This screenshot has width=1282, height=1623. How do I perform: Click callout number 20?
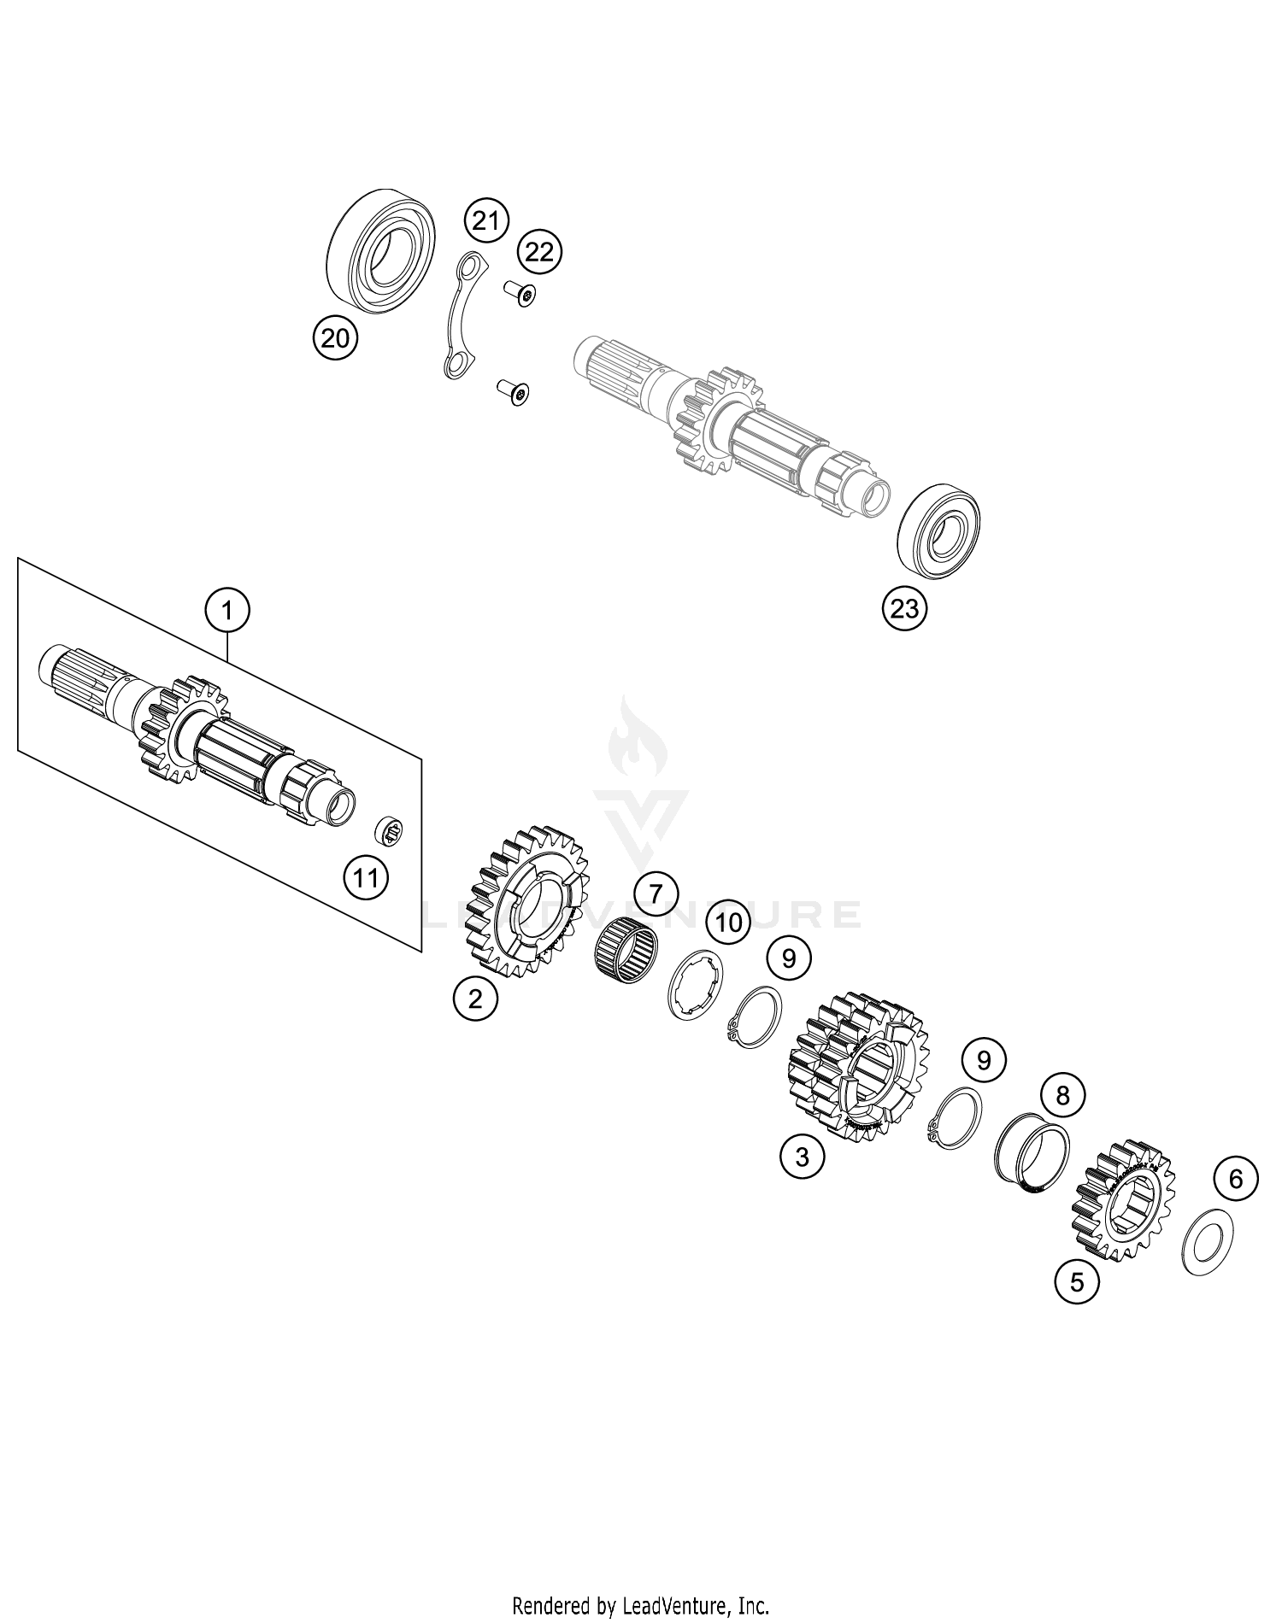coord(335,339)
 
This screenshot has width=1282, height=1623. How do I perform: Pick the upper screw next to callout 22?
coord(521,293)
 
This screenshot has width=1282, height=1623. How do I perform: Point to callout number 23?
coord(904,608)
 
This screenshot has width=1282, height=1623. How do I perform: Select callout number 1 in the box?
coord(227,611)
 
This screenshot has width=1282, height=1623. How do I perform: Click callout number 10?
coord(727,922)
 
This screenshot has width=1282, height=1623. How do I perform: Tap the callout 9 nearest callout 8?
coord(984,1060)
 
